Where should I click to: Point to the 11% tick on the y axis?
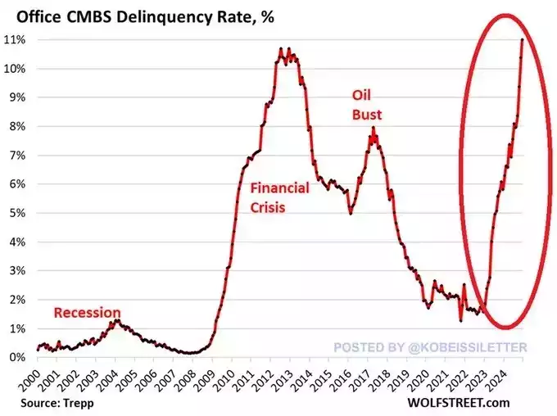point(16,40)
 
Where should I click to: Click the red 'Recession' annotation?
point(88,312)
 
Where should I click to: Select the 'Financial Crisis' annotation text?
point(279,197)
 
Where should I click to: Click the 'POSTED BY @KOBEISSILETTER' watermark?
point(430,347)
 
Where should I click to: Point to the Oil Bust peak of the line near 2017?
point(374,128)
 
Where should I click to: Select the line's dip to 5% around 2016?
point(351,213)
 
